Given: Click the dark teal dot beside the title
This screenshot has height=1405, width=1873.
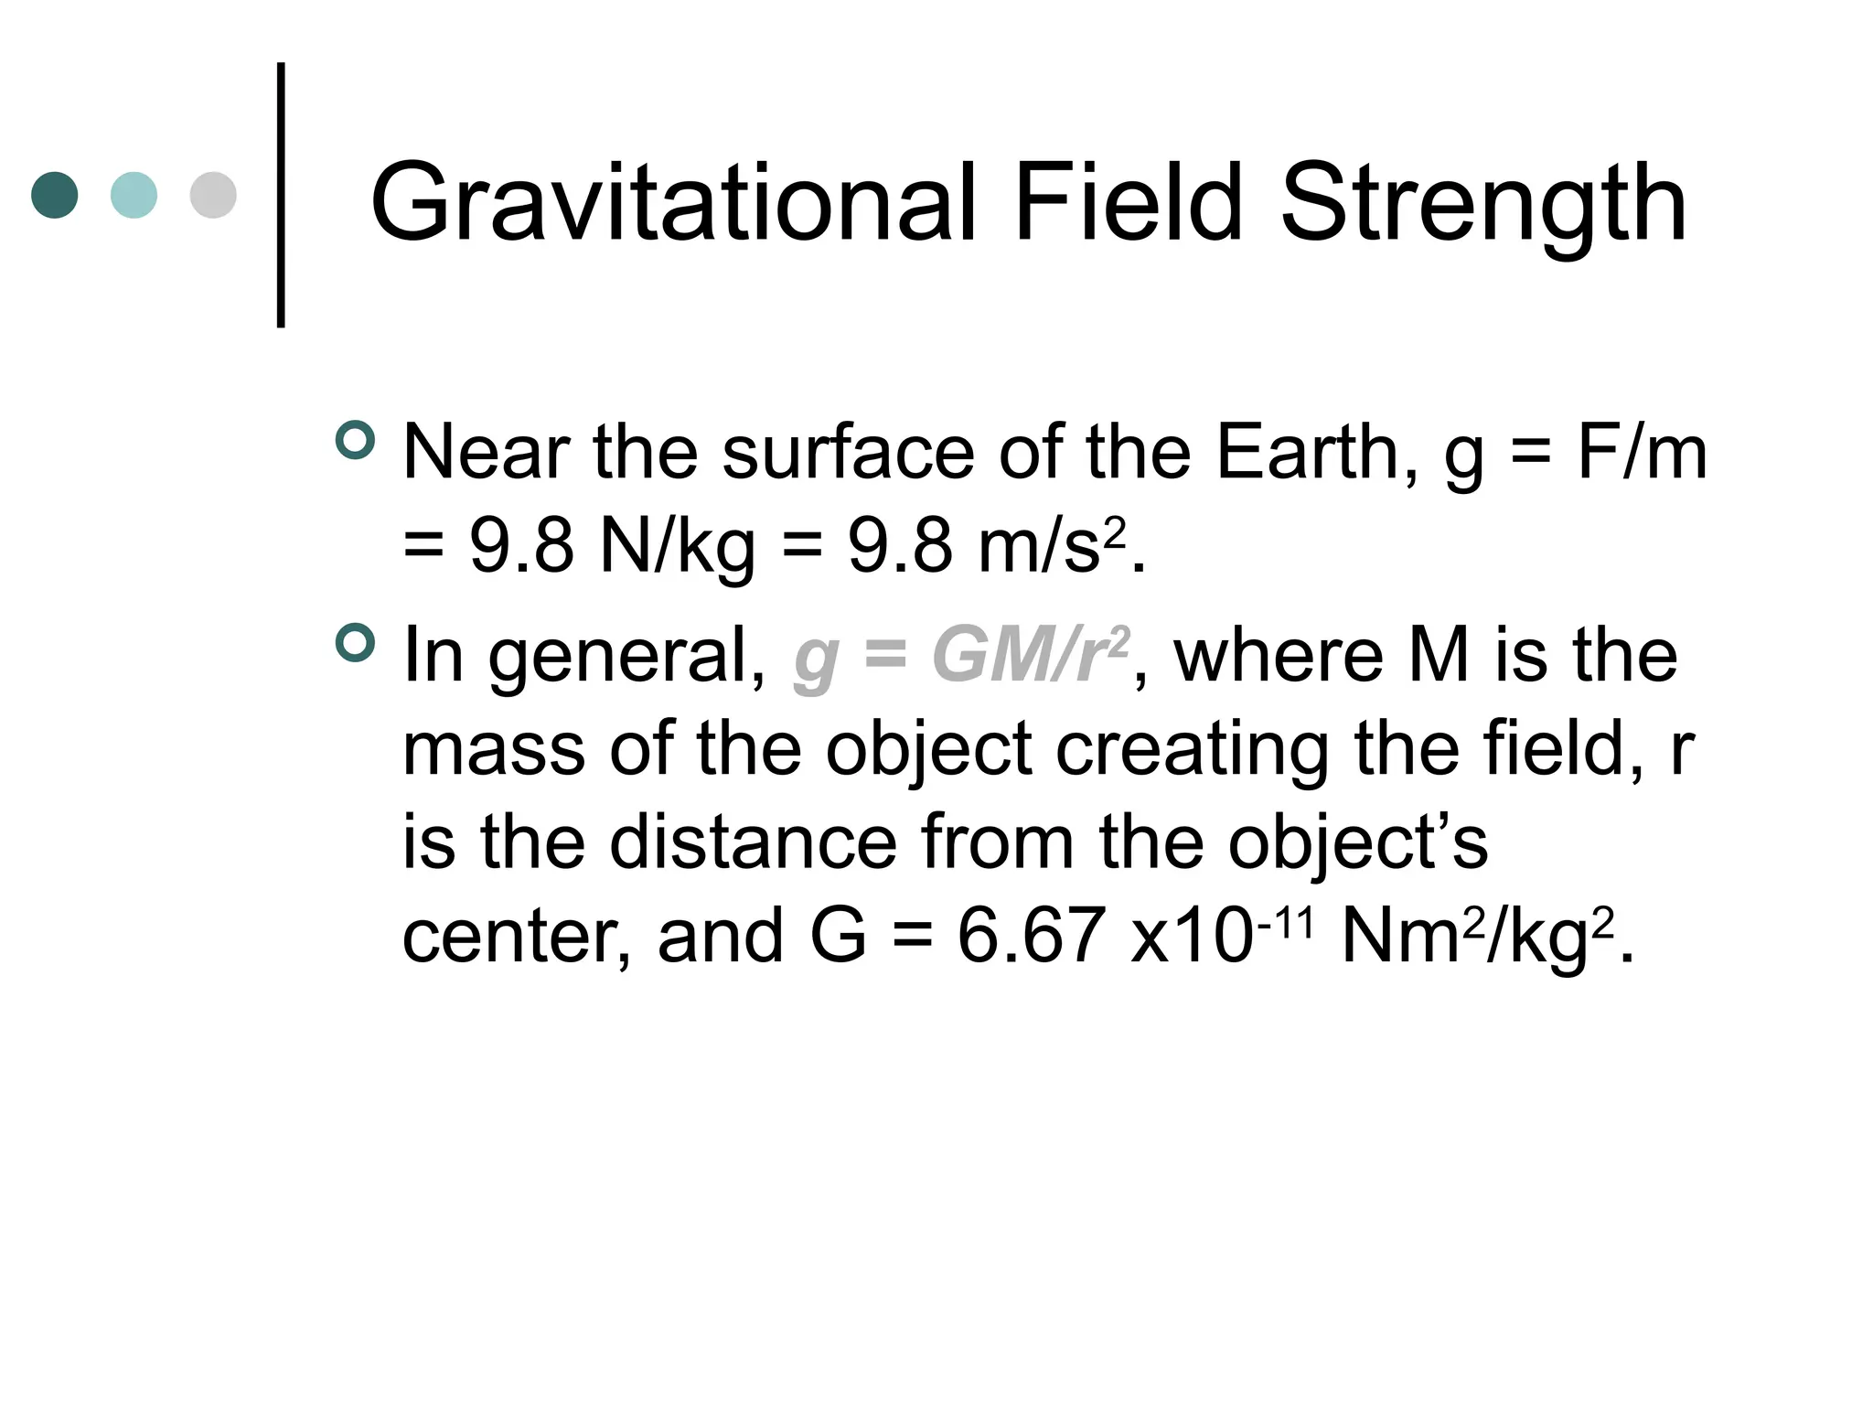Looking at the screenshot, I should click(x=55, y=195).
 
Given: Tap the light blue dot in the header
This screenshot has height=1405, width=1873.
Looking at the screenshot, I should click(x=134, y=195).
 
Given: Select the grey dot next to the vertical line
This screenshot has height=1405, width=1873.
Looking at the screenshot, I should click(x=213, y=195).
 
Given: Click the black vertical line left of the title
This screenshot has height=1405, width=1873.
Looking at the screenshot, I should click(x=281, y=194).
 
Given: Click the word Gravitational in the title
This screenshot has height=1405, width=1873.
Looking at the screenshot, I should click(x=673, y=203).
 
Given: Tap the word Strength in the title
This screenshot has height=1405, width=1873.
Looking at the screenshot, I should click(x=1482, y=207).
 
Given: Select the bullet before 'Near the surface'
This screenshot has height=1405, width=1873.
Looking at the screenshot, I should click(x=356, y=440).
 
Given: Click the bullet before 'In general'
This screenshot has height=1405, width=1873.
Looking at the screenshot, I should click(x=356, y=643).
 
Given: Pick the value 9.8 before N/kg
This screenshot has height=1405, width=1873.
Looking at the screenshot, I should click(x=521, y=546).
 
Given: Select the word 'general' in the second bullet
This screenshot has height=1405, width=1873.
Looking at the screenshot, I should click(x=626, y=659).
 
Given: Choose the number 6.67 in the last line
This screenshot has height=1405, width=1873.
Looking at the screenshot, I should click(x=1030, y=937).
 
